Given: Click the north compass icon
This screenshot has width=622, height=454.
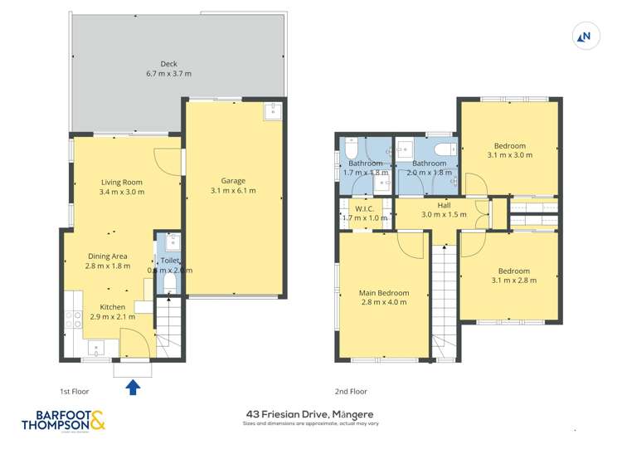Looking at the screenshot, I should pos(586,36).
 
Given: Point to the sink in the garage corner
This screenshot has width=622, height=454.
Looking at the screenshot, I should pos(273,112).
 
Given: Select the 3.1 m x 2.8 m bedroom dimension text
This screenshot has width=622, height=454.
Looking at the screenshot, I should pos(510,281).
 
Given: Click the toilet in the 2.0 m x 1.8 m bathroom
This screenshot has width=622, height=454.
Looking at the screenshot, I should pos(444,149).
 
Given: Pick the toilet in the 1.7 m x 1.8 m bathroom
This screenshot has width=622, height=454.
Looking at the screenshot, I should pos(351,150).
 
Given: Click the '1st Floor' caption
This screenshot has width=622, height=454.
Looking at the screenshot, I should pos(75,391).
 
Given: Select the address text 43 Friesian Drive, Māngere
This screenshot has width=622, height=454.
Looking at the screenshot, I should pos(309,414).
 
